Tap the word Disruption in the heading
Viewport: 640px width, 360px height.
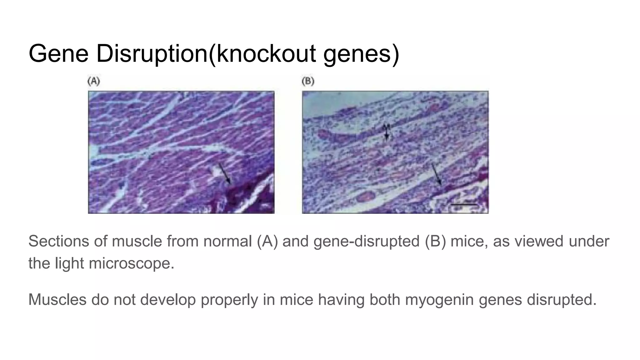click(152, 54)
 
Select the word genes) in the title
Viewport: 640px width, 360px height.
click(361, 54)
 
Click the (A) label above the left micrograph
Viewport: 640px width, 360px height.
click(93, 82)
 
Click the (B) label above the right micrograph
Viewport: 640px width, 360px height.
click(308, 82)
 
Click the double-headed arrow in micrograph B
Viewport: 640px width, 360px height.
click(387, 131)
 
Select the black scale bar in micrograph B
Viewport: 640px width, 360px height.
click(464, 205)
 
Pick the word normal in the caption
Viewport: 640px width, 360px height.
click(227, 241)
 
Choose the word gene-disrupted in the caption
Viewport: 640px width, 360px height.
click(367, 241)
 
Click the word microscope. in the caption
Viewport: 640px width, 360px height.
click(132, 263)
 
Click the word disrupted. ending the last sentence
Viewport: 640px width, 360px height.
click(562, 299)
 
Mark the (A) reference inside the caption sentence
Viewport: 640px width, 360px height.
click(267, 241)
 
